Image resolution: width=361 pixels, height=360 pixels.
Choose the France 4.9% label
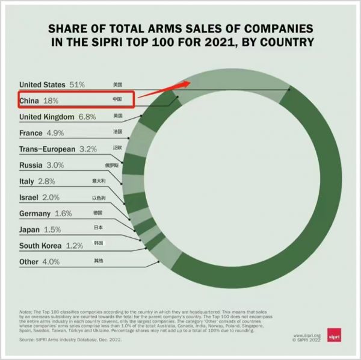point(42,132)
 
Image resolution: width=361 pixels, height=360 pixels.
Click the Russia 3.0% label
point(42,165)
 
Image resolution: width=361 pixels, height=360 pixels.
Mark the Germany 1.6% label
point(46,213)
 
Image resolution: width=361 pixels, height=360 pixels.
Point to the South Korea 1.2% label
point(51,246)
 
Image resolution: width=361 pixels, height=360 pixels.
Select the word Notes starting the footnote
point(26,311)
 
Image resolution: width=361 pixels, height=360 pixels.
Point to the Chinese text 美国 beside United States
point(117,85)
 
